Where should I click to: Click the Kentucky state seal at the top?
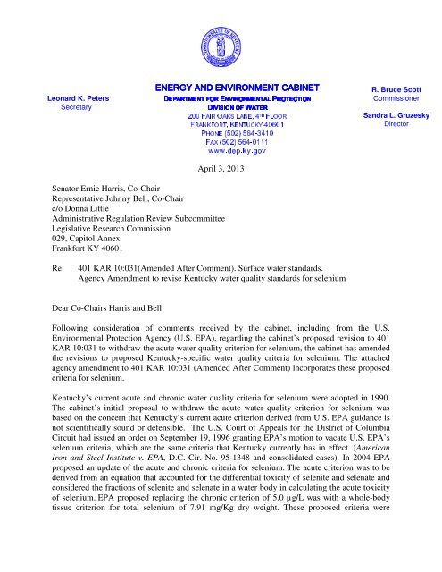pos(220,40)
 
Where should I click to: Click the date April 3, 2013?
pos(220,189)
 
